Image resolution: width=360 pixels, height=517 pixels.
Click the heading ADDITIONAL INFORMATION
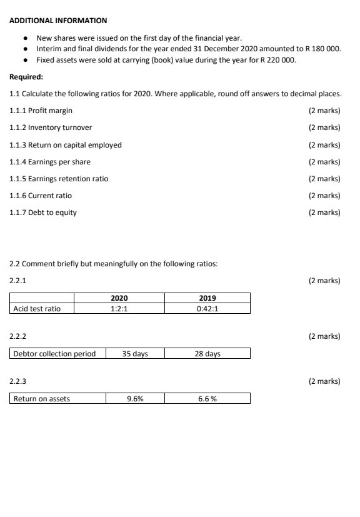(x=58, y=21)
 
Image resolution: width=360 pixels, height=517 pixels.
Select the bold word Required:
(x=26, y=78)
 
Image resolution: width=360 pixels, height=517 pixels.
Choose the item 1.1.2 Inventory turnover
(x=51, y=128)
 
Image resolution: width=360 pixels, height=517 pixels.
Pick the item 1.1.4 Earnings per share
(x=50, y=162)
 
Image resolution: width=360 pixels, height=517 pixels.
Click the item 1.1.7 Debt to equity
(x=43, y=213)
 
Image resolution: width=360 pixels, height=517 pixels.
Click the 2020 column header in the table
(x=119, y=298)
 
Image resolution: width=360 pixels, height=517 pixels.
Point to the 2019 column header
(x=207, y=298)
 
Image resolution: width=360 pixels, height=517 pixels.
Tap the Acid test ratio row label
(x=37, y=308)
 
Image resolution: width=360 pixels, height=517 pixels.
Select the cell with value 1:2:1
(x=119, y=308)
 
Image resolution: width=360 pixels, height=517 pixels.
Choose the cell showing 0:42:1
(x=207, y=308)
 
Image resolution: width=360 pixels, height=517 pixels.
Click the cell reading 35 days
(x=135, y=354)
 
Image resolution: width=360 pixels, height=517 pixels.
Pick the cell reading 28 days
(x=207, y=354)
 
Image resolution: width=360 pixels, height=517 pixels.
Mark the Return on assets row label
(x=42, y=399)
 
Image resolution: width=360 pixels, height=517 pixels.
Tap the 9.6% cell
(x=135, y=399)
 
